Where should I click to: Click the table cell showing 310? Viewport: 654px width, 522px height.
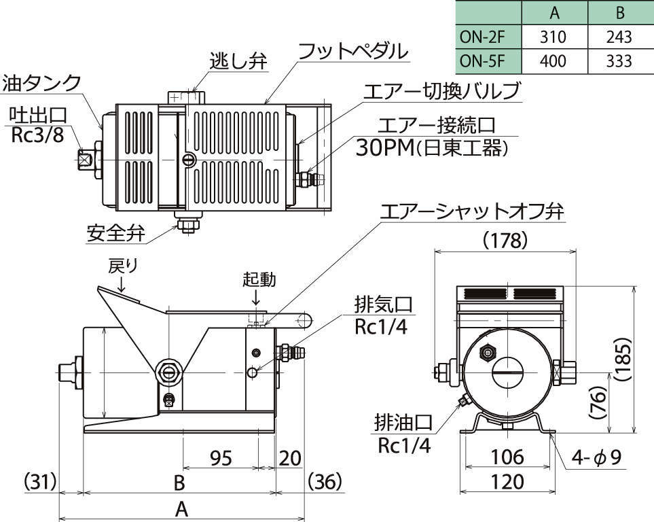point(553,37)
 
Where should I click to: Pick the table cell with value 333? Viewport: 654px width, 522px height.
point(619,61)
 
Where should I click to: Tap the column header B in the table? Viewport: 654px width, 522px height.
point(619,12)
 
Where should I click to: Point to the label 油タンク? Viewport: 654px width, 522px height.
point(41,84)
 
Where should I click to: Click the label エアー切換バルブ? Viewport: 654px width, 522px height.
point(441,91)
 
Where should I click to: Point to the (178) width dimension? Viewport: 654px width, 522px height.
point(505,240)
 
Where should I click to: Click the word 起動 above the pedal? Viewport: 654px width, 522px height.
point(259,279)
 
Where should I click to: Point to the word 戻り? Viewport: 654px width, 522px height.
point(123,266)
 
